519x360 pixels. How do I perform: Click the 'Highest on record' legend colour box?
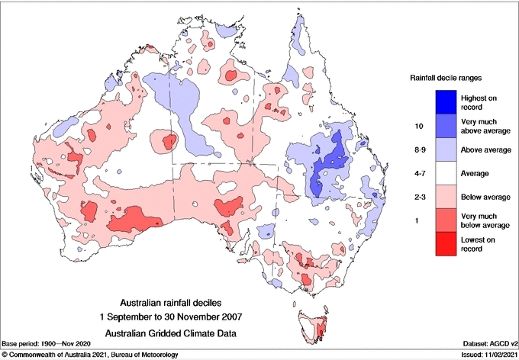point(446,101)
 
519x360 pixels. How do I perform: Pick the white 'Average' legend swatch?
point(446,174)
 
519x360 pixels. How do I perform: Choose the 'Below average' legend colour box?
point(446,198)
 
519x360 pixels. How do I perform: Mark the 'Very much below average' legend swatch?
point(446,222)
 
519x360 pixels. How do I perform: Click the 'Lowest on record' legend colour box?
point(446,246)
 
